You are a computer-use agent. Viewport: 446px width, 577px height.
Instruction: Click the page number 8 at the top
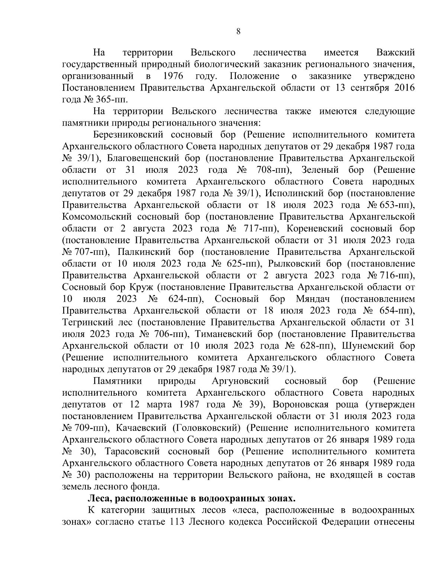point(238,32)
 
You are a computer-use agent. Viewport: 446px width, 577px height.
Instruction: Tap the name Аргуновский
point(240,381)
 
